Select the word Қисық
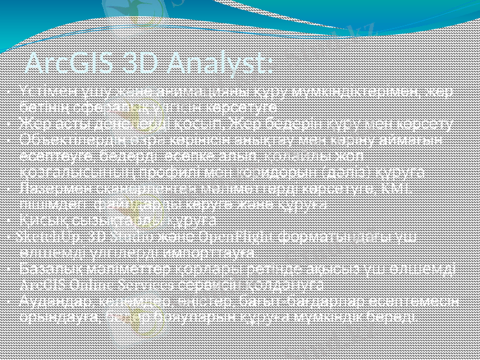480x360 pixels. pyautogui.click(x=35, y=220)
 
